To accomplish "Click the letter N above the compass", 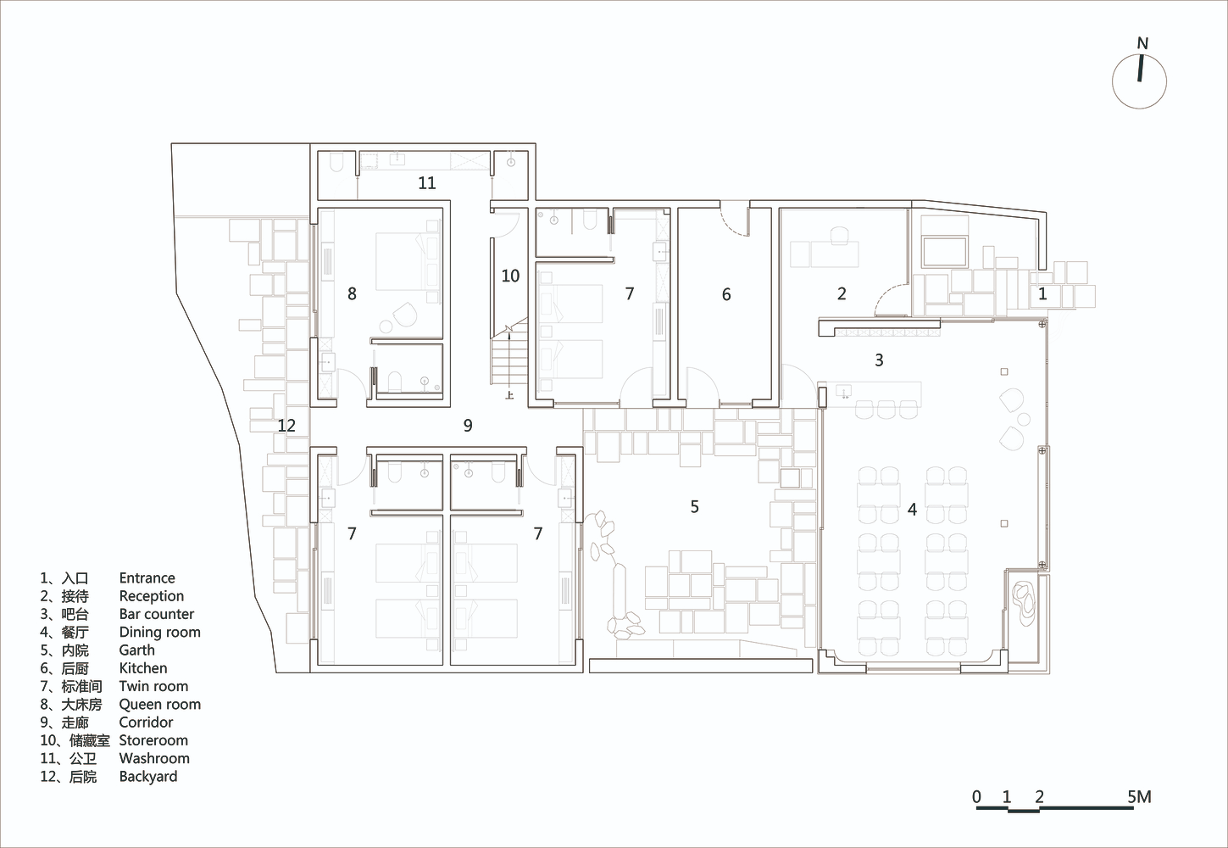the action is pyautogui.click(x=1142, y=43).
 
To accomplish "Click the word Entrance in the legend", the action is pyautogui.click(x=147, y=578).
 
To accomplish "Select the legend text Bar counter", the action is pyautogui.click(x=157, y=614).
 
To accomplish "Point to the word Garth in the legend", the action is pyautogui.click(x=137, y=650).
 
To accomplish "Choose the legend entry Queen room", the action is pyautogui.click(x=160, y=705).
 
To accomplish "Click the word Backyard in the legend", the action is pyautogui.click(x=148, y=777).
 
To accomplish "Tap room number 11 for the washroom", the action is pyautogui.click(x=427, y=182).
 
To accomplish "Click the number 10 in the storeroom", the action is pyautogui.click(x=510, y=276).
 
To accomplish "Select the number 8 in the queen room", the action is pyautogui.click(x=352, y=294).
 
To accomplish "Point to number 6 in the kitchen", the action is pyautogui.click(x=726, y=294).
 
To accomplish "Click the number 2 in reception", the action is pyautogui.click(x=842, y=294).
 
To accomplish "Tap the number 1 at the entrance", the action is pyautogui.click(x=1042, y=294).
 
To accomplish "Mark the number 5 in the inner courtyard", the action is pyautogui.click(x=695, y=507).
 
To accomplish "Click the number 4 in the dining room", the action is pyautogui.click(x=912, y=510).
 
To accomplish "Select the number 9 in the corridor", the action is pyautogui.click(x=468, y=425).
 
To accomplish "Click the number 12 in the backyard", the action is pyautogui.click(x=286, y=426).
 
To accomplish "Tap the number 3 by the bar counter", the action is pyautogui.click(x=880, y=360).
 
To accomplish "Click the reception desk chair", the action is pyautogui.click(x=839, y=236).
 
